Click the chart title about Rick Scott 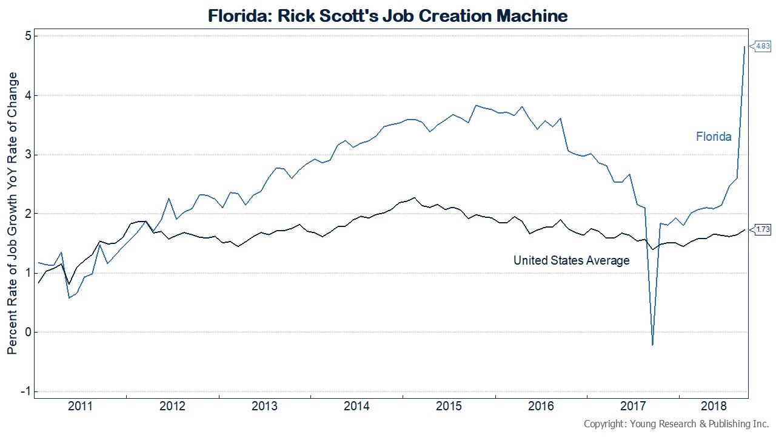[388, 15]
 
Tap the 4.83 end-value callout [761, 46]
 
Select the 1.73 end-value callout [761, 229]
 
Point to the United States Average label [571, 260]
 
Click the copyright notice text [676, 424]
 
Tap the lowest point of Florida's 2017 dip [652, 345]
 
